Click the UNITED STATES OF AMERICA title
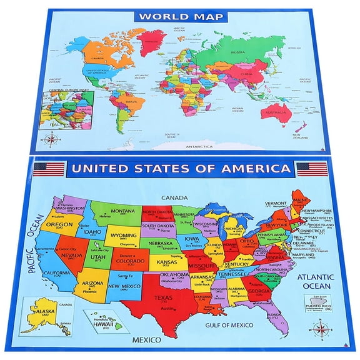click(181, 169)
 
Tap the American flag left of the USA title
click(49, 169)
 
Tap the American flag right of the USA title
click(312, 168)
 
